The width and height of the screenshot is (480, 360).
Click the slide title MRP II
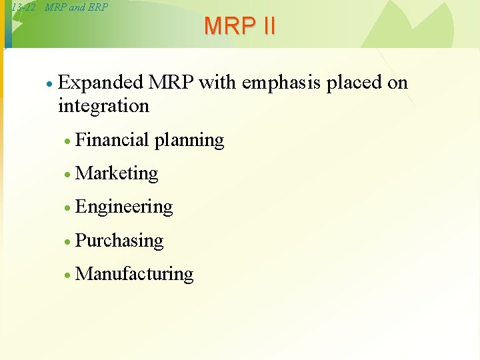239,26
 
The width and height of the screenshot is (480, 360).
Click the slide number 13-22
23,7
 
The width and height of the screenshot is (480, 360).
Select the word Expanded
101,83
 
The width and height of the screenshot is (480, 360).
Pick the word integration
103,105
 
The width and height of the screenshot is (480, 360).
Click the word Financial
112,139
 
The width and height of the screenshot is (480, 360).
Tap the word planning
189,141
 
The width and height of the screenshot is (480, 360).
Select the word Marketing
117,173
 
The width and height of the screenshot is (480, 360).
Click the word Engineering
124,207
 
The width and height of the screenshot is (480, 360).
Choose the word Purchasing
119,241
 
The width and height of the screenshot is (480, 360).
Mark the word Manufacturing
134,274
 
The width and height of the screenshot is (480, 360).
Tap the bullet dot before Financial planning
67,141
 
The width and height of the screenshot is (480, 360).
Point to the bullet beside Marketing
67,174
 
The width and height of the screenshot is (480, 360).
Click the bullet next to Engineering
67,207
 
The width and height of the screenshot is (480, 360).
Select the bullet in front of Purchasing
67,241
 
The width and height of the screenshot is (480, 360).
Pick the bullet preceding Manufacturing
67,275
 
